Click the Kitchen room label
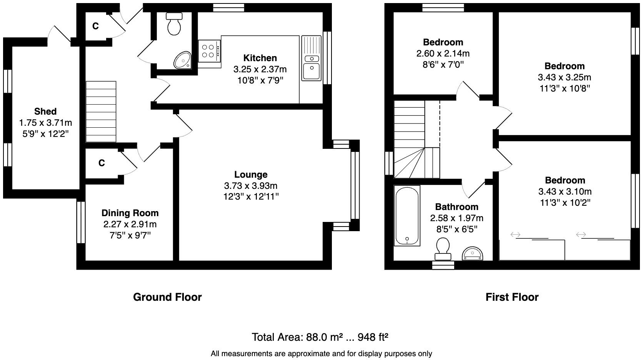260,58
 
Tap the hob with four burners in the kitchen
209,51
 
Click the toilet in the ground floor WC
175,24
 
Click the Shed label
45,112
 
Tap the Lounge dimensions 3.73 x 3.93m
251,186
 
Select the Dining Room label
130,213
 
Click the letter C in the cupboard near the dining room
102,163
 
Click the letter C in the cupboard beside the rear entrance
95,26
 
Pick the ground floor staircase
101,112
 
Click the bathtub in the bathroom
407,215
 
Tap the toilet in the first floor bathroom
443,248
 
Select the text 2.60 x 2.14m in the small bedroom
443,53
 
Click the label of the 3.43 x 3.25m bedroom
564,66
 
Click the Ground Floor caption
167,297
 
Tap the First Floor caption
512,297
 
